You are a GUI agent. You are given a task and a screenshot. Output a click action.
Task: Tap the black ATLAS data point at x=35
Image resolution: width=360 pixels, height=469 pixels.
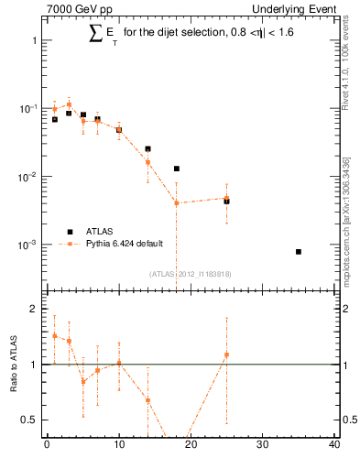(299, 251)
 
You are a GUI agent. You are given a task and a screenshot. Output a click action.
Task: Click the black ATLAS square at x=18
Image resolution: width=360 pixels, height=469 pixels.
(176, 169)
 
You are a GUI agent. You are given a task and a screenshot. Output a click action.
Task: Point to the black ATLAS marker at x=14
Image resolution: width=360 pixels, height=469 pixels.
(147, 148)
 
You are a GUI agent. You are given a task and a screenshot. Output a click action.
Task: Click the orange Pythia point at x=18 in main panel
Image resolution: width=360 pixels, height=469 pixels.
(176, 202)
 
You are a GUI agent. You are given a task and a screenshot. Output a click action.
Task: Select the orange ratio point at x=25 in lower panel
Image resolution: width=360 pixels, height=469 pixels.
(226, 354)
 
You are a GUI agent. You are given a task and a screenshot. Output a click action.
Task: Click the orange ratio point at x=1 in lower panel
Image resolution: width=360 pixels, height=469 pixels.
(54, 335)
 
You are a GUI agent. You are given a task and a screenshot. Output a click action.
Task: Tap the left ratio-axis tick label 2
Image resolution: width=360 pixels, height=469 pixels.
(34, 310)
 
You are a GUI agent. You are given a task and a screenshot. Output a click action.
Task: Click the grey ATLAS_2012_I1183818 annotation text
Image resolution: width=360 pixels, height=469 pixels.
(189, 273)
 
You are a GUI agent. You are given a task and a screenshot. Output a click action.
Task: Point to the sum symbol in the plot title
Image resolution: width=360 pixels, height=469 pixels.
(94, 34)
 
